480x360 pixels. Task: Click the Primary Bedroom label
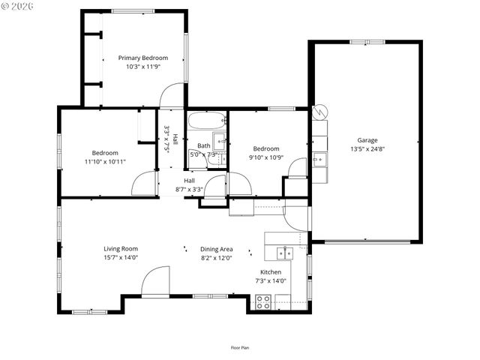click(142, 58)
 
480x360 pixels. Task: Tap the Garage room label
click(367, 140)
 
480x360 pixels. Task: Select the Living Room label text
click(120, 248)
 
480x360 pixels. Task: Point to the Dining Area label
click(216, 249)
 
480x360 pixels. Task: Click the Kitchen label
click(271, 271)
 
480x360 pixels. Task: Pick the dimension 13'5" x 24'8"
click(367, 149)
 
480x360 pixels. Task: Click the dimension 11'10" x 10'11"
click(105, 161)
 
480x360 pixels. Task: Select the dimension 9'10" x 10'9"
click(265, 157)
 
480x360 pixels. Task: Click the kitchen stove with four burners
click(264, 302)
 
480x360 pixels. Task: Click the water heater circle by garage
click(320, 111)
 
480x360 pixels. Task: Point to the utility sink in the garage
click(319, 159)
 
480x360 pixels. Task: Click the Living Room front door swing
click(155, 283)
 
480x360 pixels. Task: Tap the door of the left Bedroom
click(144, 182)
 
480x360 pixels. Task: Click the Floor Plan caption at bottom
click(240, 347)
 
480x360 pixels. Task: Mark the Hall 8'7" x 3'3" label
click(189, 185)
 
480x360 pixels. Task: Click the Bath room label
click(203, 145)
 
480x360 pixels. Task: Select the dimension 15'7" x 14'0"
click(120, 257)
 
